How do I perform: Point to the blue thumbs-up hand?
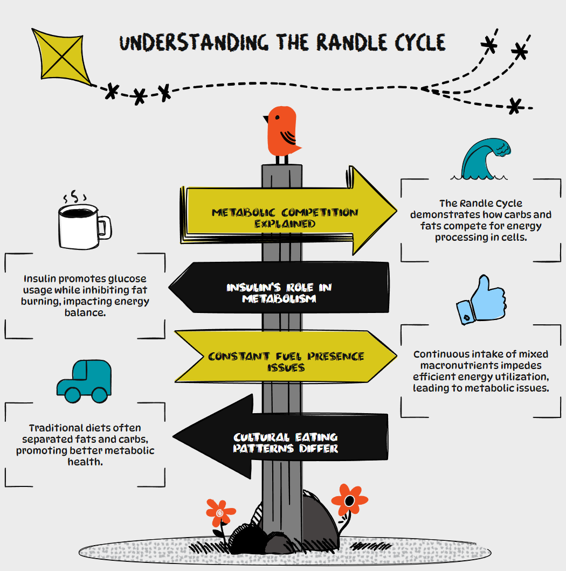tap(481, 302)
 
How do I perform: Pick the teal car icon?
tap(85, 380)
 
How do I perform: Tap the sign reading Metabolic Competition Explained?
tap(285, 218)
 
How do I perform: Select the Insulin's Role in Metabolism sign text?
tap(279, 292)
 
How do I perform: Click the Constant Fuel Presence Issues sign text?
tap(286, 361)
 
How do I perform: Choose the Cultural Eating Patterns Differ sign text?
tap(286, 442)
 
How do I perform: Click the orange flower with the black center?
tap(349, 500)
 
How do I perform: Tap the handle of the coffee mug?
tap(105, 227)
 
